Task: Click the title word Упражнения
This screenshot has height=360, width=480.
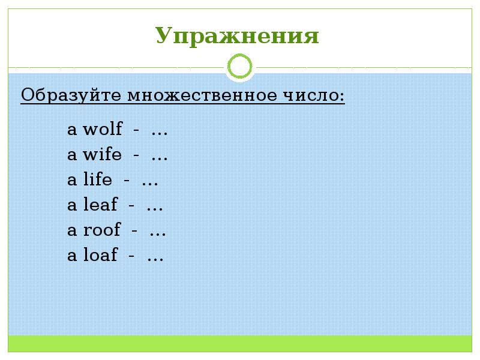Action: tap(238, 36)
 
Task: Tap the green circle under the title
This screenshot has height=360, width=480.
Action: tap(241, 67)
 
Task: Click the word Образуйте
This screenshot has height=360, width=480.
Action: tap(64, 95)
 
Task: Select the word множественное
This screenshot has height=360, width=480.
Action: tap(191, 95)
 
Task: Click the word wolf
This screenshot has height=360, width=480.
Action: tap(103, 130)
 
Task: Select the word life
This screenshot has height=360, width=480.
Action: tap(97, 181)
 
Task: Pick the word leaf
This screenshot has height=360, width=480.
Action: tap(100, 206)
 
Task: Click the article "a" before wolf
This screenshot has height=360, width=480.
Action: tap(72, 130)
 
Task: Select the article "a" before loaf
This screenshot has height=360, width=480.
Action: tap(72, 257)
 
